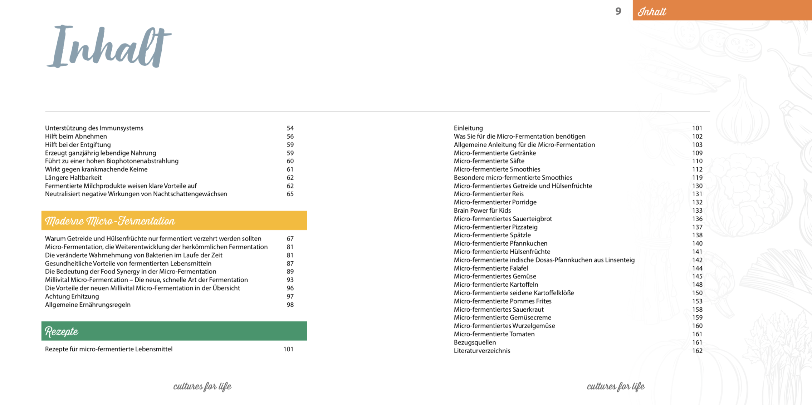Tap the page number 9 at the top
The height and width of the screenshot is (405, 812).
[618, 11]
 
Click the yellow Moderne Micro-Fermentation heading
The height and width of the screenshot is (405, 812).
[174, 221]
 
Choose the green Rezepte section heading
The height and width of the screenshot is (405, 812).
[174, 331]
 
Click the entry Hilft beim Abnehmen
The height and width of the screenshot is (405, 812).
[76, 137]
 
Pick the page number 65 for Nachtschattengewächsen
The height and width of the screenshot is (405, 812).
[290, 194]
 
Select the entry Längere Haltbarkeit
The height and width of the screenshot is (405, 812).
[73, 178]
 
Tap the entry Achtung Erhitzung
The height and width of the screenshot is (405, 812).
[72, 296]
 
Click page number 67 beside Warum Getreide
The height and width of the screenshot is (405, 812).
[290, 238]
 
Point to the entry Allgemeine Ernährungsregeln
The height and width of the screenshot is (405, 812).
[88, 305]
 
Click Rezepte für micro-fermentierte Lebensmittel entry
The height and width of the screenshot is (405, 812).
[109, 349]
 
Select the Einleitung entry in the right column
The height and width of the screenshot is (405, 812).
[468, 128]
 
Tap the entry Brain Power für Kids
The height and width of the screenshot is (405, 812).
[482, 211]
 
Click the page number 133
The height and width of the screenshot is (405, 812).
[697, 211]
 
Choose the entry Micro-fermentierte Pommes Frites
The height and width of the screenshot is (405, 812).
[503, 301]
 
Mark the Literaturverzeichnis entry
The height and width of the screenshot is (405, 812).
[482, 351]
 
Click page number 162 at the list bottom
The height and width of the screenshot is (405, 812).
[697, 351]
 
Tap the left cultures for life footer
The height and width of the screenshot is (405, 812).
[202, 386]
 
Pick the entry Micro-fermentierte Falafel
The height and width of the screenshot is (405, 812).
[491, 268]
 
